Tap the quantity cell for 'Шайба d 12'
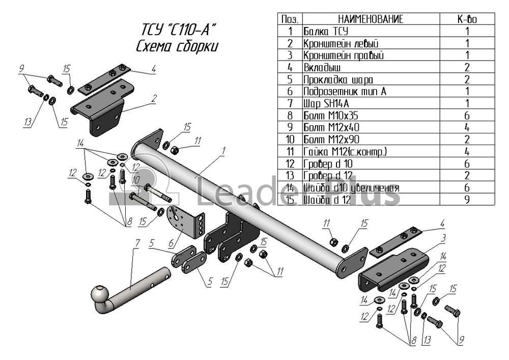click(x=467, y=199)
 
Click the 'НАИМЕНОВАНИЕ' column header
click(x=371, y=19)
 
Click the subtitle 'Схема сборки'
click(x=177, y=47)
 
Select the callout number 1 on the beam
click(x=223, y=151)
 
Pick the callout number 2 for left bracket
click(x=154, y=98)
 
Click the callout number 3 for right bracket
click(x=443, y=238)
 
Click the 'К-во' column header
click(x=467, y=19)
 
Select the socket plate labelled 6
click(x=185, y=224)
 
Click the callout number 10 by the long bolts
click(x=136, y=180)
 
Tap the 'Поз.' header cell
click(x=290, y=19)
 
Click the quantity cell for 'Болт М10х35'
click(x=467, y=116)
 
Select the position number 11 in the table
click(x=290, y=152)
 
